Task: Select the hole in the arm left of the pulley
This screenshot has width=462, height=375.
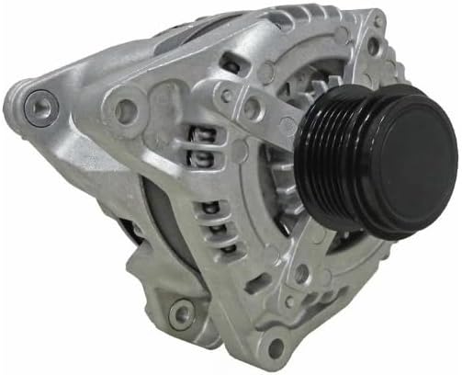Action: tap(229, 95)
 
